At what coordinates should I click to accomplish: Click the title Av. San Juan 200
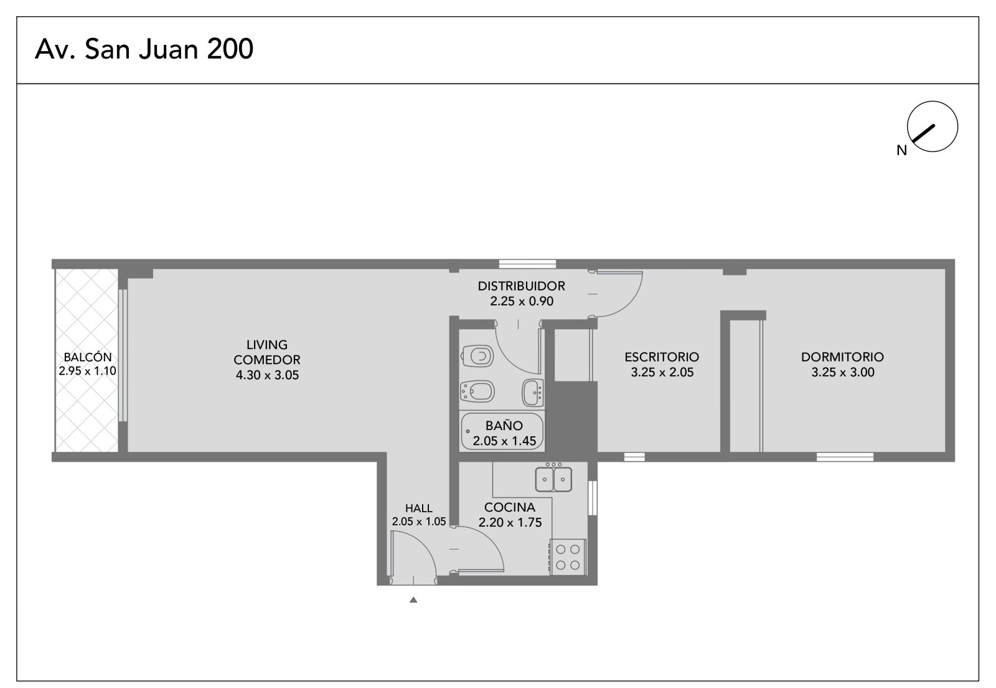144,49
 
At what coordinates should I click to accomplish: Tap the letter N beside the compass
902,151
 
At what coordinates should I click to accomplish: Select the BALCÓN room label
88,357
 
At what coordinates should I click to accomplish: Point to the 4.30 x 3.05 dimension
267,375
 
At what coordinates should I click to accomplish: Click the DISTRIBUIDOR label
522,286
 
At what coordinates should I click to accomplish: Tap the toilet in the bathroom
477,356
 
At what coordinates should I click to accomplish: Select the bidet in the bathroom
477,391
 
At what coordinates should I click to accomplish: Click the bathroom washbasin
533,393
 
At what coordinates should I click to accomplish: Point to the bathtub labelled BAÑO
502,432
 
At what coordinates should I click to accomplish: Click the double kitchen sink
553,479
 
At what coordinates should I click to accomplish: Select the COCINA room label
510,507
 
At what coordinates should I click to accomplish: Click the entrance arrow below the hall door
413,600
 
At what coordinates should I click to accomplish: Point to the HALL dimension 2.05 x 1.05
419,522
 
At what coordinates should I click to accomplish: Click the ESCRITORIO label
662,357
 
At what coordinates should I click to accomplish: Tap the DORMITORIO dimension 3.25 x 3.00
843,373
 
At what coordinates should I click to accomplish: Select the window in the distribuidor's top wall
527,264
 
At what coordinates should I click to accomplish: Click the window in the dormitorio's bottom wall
845,457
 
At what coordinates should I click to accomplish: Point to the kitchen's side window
592,497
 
